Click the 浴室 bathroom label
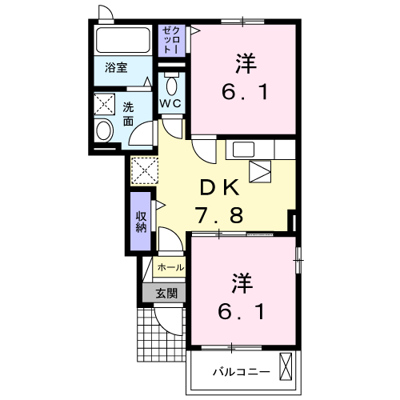coord(116,68)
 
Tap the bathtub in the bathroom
coord(122,40)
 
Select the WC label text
coord(170,103)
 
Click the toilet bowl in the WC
coord(171,85)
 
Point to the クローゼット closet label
coord(171,41)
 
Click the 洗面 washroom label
coord(128,114)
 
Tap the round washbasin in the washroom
coord(103,130)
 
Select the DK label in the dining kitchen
coord(219,188)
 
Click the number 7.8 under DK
coord(218,215)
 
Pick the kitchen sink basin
coord(243,150)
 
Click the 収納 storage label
coord(141,222)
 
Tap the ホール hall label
coord(170,267)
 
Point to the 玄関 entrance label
coord(166,294)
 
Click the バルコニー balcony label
coord(242,371)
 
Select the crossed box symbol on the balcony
coord(286,366)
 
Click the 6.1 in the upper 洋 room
coord(245,92)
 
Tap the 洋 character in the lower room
coord(242,283)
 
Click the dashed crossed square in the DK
coord(145,170)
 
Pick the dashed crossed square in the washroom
coord(104,104)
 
